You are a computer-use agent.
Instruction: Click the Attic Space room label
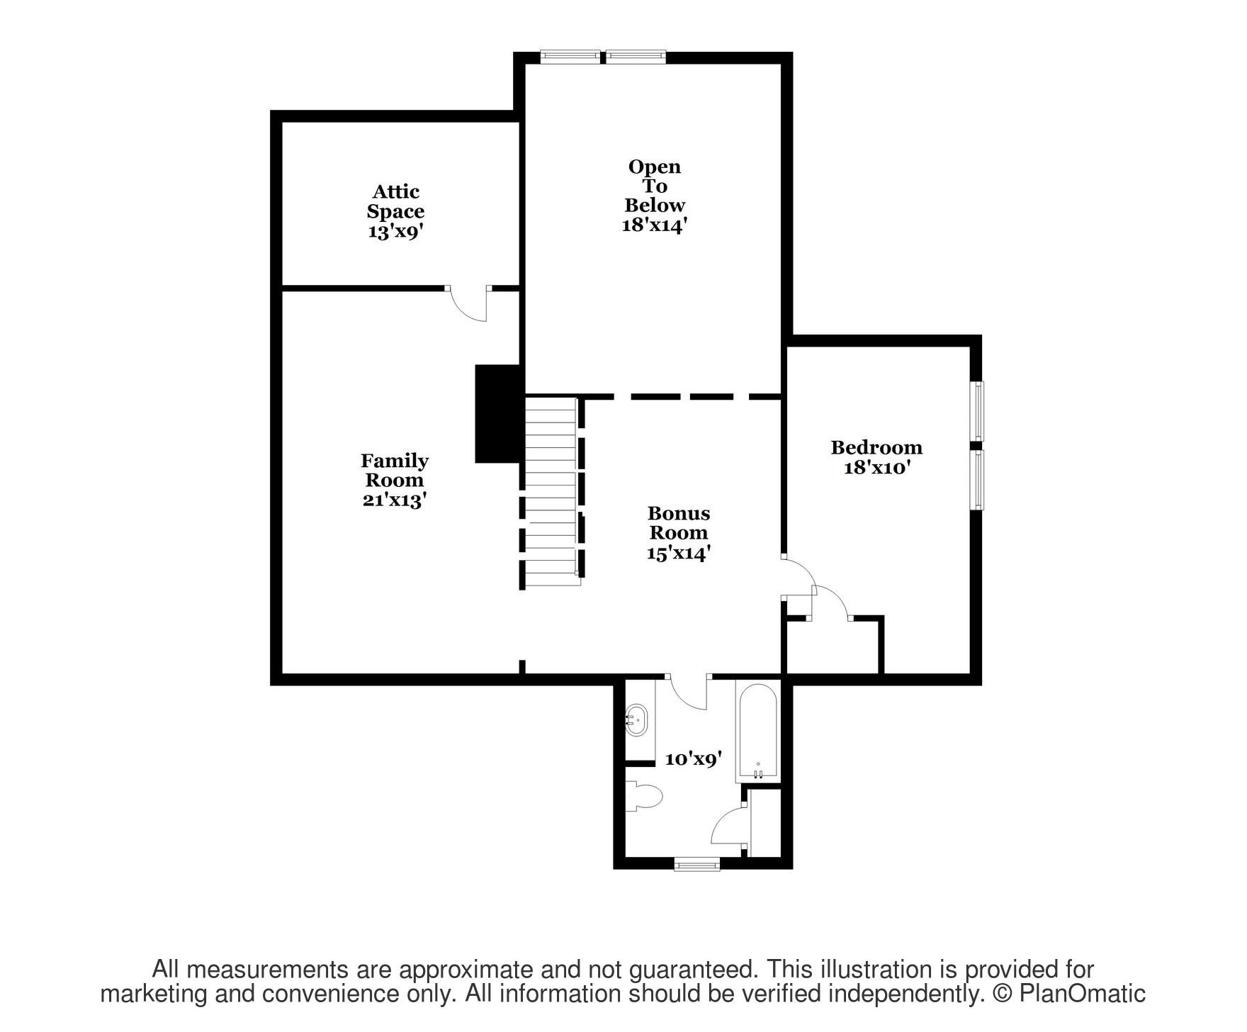pos(395,201)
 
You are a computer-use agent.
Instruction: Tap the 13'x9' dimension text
pos(395,232)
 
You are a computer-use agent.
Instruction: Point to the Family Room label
pos(395,470)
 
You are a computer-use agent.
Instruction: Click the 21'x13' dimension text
pos(395,500)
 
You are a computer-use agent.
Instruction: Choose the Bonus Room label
pos(678,522)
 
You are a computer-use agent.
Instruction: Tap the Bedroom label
pos(876,447)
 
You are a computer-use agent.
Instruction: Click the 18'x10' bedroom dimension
pos(876,468)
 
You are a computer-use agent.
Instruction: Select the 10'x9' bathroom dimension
pos(693,759)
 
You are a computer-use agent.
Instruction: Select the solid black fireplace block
pos(499,414)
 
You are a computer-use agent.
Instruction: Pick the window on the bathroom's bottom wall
pos(696,864)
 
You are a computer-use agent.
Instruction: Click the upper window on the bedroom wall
pos(977,411)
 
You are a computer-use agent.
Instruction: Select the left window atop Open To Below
pos(570,57)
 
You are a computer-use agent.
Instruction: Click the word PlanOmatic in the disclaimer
pos(1082,994)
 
